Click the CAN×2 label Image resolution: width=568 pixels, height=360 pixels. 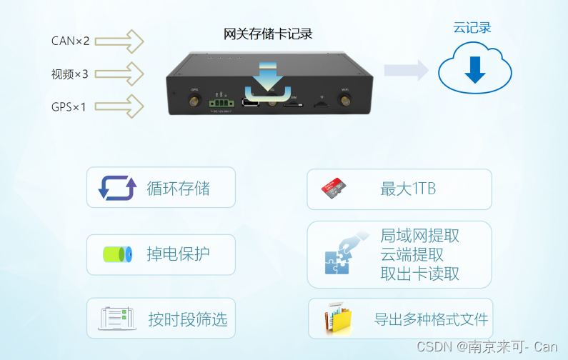click(71, 41)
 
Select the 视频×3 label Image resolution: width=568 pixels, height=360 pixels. click(70, 74)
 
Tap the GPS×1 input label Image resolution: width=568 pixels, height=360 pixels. click(69, 107)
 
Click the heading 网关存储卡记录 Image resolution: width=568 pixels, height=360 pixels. click(268, 34)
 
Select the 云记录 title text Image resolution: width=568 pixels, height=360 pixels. click(472, 28)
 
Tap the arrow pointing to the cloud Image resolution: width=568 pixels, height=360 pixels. click(405, 69)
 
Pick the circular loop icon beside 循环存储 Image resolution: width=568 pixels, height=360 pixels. click(116, 188)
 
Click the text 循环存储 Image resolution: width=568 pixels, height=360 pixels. click(178, 189)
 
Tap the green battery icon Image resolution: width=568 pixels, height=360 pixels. click(117, 254)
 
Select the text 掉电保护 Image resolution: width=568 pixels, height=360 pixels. click(178, 254)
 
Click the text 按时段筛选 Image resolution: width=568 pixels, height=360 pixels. click(187, 319)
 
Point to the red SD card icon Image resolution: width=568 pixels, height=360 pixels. click(334, 189)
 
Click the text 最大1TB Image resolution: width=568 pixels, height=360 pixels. click(408, 189)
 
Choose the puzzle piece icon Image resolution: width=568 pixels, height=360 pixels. click(339, 256)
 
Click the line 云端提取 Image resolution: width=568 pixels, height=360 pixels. click(412, 255)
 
